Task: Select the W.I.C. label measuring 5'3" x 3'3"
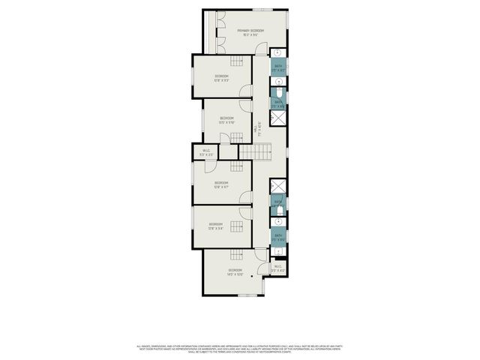pos(207,153)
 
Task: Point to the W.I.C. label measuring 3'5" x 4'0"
pos(278,268)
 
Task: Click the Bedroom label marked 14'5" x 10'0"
pos(235,271)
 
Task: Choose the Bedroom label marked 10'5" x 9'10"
pos(226,119)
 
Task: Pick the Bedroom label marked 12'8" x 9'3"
pos(221,78)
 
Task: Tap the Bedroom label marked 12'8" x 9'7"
pos(221,184)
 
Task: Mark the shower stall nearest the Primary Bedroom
pos(278,119)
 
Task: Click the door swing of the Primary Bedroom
pos(260,49)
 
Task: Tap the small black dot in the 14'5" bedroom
pos(252,275)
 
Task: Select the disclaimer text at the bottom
pos(240,349)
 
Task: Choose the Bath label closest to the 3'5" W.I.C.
pos(278,238)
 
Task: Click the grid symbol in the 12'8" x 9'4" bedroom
pos(238,226)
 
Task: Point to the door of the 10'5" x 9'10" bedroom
pos(235,137)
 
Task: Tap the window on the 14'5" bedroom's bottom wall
pos(247,295)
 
